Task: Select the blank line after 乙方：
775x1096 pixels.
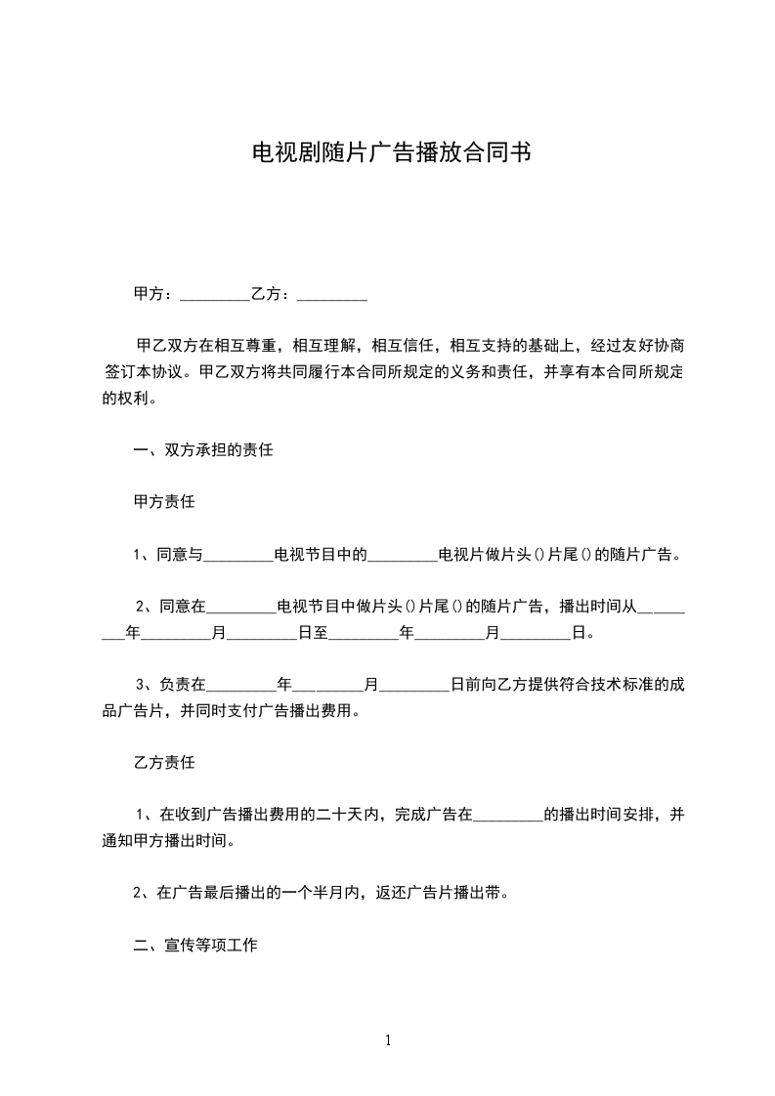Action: pyautogui.click(x=332, y=294)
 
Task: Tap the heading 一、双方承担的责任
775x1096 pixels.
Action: pyautogui.click(x=203, y=451)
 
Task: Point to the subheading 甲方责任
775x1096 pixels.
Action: pyautogui.click(x=164, y=503)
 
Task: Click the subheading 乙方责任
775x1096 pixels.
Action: pyautogui.click(x=164, y=761)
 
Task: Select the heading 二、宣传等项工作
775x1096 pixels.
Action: pyautogui.click(x=195, y=946)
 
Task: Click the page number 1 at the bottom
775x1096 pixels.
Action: pyautogui.click(x=388, y=1040)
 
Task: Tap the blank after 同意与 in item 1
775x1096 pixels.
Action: pyautogui.click(x=238, y=556)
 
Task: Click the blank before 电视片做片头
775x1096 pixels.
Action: pyautogui.click(x=403, y=556)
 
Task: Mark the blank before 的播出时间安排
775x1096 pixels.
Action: pyautogui.click(x=508, y=814)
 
